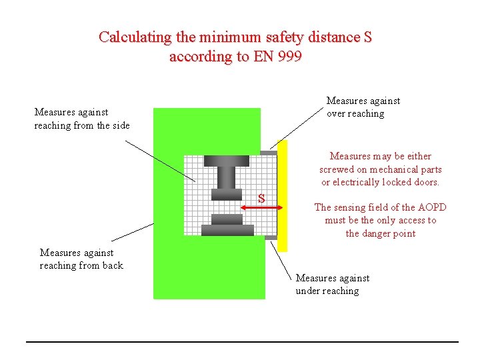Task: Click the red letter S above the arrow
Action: tap(261, 199)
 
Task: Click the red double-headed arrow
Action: tap(262, 208)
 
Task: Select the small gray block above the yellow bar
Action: tap(268, 153)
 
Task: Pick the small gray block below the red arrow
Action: tap(270, 237)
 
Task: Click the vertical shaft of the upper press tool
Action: tap(227, 178)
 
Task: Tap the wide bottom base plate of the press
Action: tap(227, 230)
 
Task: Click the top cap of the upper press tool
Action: tap(227, 161)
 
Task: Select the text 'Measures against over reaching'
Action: tap(363, 107)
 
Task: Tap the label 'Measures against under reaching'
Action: tap(332, 285)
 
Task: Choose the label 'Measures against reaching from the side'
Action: tap(81, 119)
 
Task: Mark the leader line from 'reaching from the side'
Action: tap(160, 161)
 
